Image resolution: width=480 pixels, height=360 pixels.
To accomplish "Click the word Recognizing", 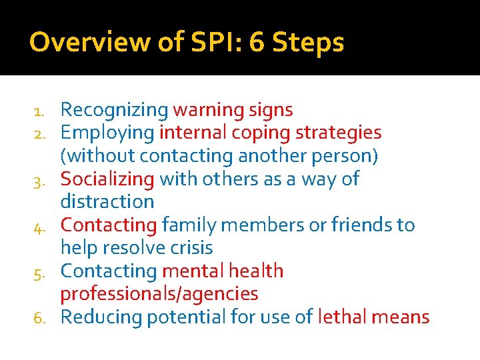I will coord(114,110).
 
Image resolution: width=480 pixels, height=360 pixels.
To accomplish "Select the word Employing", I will coord(107,133).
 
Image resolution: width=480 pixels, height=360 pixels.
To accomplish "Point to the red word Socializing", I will coord(107,179).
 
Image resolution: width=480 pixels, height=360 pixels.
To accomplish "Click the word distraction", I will coord(107,201).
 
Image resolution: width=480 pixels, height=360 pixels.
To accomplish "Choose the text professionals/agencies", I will coord(159,294).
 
